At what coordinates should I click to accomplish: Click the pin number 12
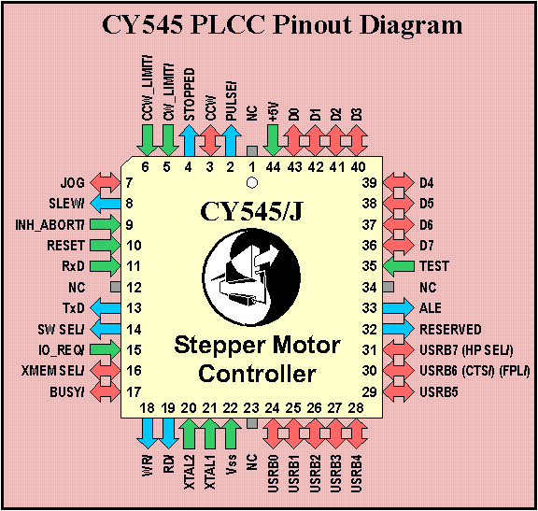[x=134, y=287]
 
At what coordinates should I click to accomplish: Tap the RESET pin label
[x=65, y=246]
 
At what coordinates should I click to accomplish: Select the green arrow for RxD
[x=105, y=266]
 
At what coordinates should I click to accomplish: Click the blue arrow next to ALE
[x=398, y=308]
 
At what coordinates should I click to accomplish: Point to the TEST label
[x=434, y=266]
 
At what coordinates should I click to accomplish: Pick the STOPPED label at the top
[x=189, y=94]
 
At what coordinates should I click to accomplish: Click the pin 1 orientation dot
[x=252, y=182]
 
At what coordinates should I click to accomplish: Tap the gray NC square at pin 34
[x=388, y=287]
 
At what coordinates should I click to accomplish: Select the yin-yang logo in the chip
[x=252, y=277]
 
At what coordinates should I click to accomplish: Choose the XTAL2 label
[x=189, y=472]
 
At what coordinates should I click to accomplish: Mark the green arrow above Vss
[x=232, y=433]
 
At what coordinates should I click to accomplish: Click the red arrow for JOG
[x=105, y=182]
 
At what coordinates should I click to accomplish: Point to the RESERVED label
[x=450, y=329]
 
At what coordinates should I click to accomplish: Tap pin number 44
[x=273, y=167]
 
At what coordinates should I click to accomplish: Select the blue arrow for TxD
[x=105, y=308]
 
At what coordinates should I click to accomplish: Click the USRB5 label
[x=438, y=392]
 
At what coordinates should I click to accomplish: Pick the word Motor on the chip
[x=301, y=346]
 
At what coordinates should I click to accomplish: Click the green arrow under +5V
[x=273, y=140]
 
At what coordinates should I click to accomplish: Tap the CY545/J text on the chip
[x=251, y=211]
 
